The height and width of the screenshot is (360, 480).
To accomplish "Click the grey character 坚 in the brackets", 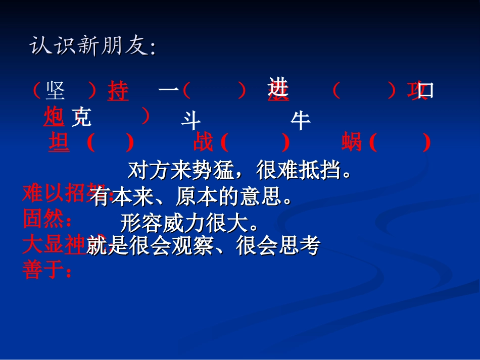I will pos(56,91).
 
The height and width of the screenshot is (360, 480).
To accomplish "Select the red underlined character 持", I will pos(118,92).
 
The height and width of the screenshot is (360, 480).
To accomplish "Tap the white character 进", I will pos(278,87).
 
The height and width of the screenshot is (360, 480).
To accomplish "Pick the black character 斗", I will pos(191,121).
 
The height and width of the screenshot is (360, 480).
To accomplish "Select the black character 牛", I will pos(301,121).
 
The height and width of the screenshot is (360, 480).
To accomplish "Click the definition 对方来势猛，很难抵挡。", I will pos(239,171).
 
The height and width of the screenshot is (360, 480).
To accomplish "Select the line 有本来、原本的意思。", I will pos(193,197).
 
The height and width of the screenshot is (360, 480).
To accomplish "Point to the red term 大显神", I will pos(54,245).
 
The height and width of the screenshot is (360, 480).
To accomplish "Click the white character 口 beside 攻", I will pos(426,91).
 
